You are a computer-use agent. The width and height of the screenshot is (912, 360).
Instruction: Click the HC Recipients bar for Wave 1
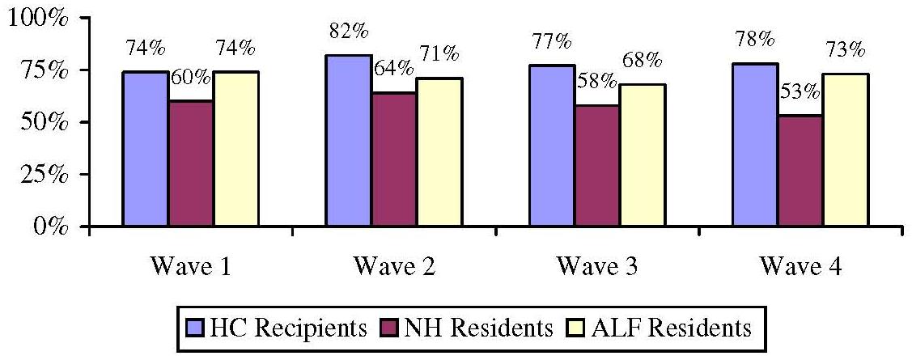[146, 149]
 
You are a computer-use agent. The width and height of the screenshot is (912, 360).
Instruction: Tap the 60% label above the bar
[191, 79]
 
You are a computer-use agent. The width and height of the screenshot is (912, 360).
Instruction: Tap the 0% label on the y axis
[50, 226]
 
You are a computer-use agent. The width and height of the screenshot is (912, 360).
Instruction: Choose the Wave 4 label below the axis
[800, 269]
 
